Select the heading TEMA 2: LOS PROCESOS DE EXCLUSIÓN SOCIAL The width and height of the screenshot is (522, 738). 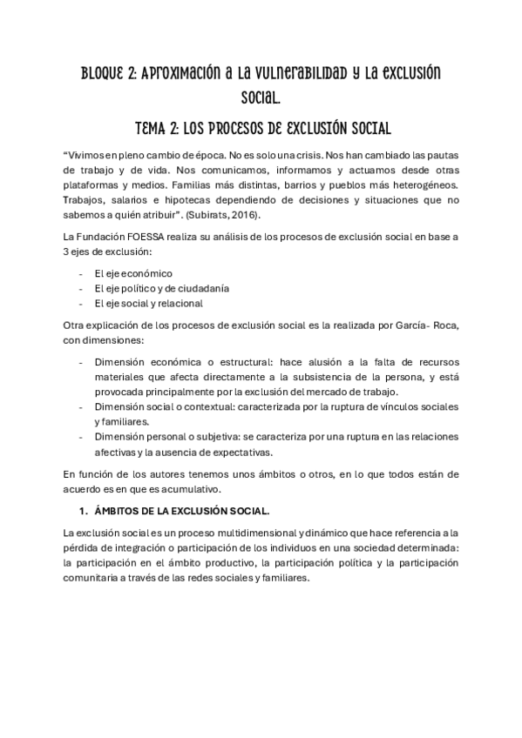tap(261, 126)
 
